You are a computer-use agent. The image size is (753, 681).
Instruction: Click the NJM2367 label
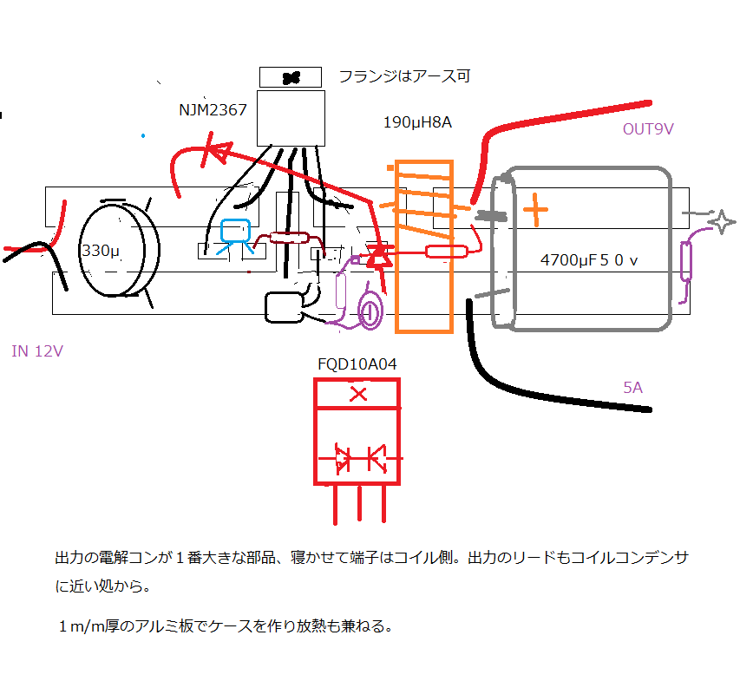click(213, 110)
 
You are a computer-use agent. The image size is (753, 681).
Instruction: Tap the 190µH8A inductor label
click(417, 122)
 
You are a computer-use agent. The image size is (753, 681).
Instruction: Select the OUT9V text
click(648, 129)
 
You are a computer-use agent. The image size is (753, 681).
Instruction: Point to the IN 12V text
click(37, 351)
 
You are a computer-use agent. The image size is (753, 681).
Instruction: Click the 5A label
click(632, 388)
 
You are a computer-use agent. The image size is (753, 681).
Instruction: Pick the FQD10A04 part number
click(357, 364)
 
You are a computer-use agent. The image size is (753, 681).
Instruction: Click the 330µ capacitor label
click(100, 252)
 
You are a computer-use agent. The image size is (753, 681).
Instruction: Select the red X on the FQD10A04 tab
click(357, 395)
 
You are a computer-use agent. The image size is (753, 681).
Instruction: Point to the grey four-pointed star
click(719, 222)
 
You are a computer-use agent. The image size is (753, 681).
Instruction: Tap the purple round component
click(371, 312)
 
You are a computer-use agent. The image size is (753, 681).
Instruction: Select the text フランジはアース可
click(404, 76)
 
